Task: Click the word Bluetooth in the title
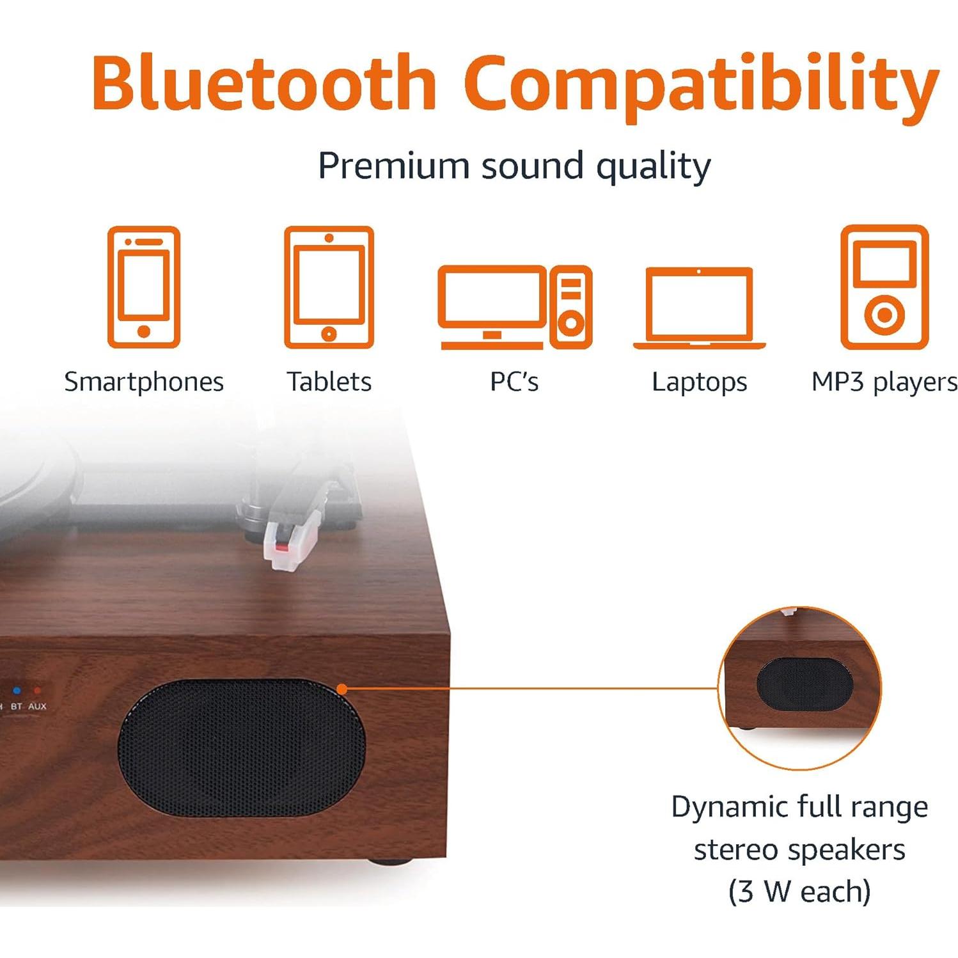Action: (x=264, y=83)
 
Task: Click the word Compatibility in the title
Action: (x=702, y=86)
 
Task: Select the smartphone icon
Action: (x=144, y=287)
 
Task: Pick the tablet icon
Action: (x=329, y=287)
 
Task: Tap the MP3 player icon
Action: (x=884, y=287)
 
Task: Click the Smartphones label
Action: (x=144, y=382)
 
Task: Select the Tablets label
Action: (x=329, y=382)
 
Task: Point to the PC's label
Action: (x=514, y=382)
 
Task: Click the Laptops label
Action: (x=699, y=382)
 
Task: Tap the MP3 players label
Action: (x=884, y=382)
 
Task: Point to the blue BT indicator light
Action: (x=17, y=691)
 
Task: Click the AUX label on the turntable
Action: (x=37, y=707)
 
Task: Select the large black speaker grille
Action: (x=241, y=747)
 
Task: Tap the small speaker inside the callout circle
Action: (x=805, y=684)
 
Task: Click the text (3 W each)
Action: (x=799, y=891)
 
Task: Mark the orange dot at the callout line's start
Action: (x=342, y=689)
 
